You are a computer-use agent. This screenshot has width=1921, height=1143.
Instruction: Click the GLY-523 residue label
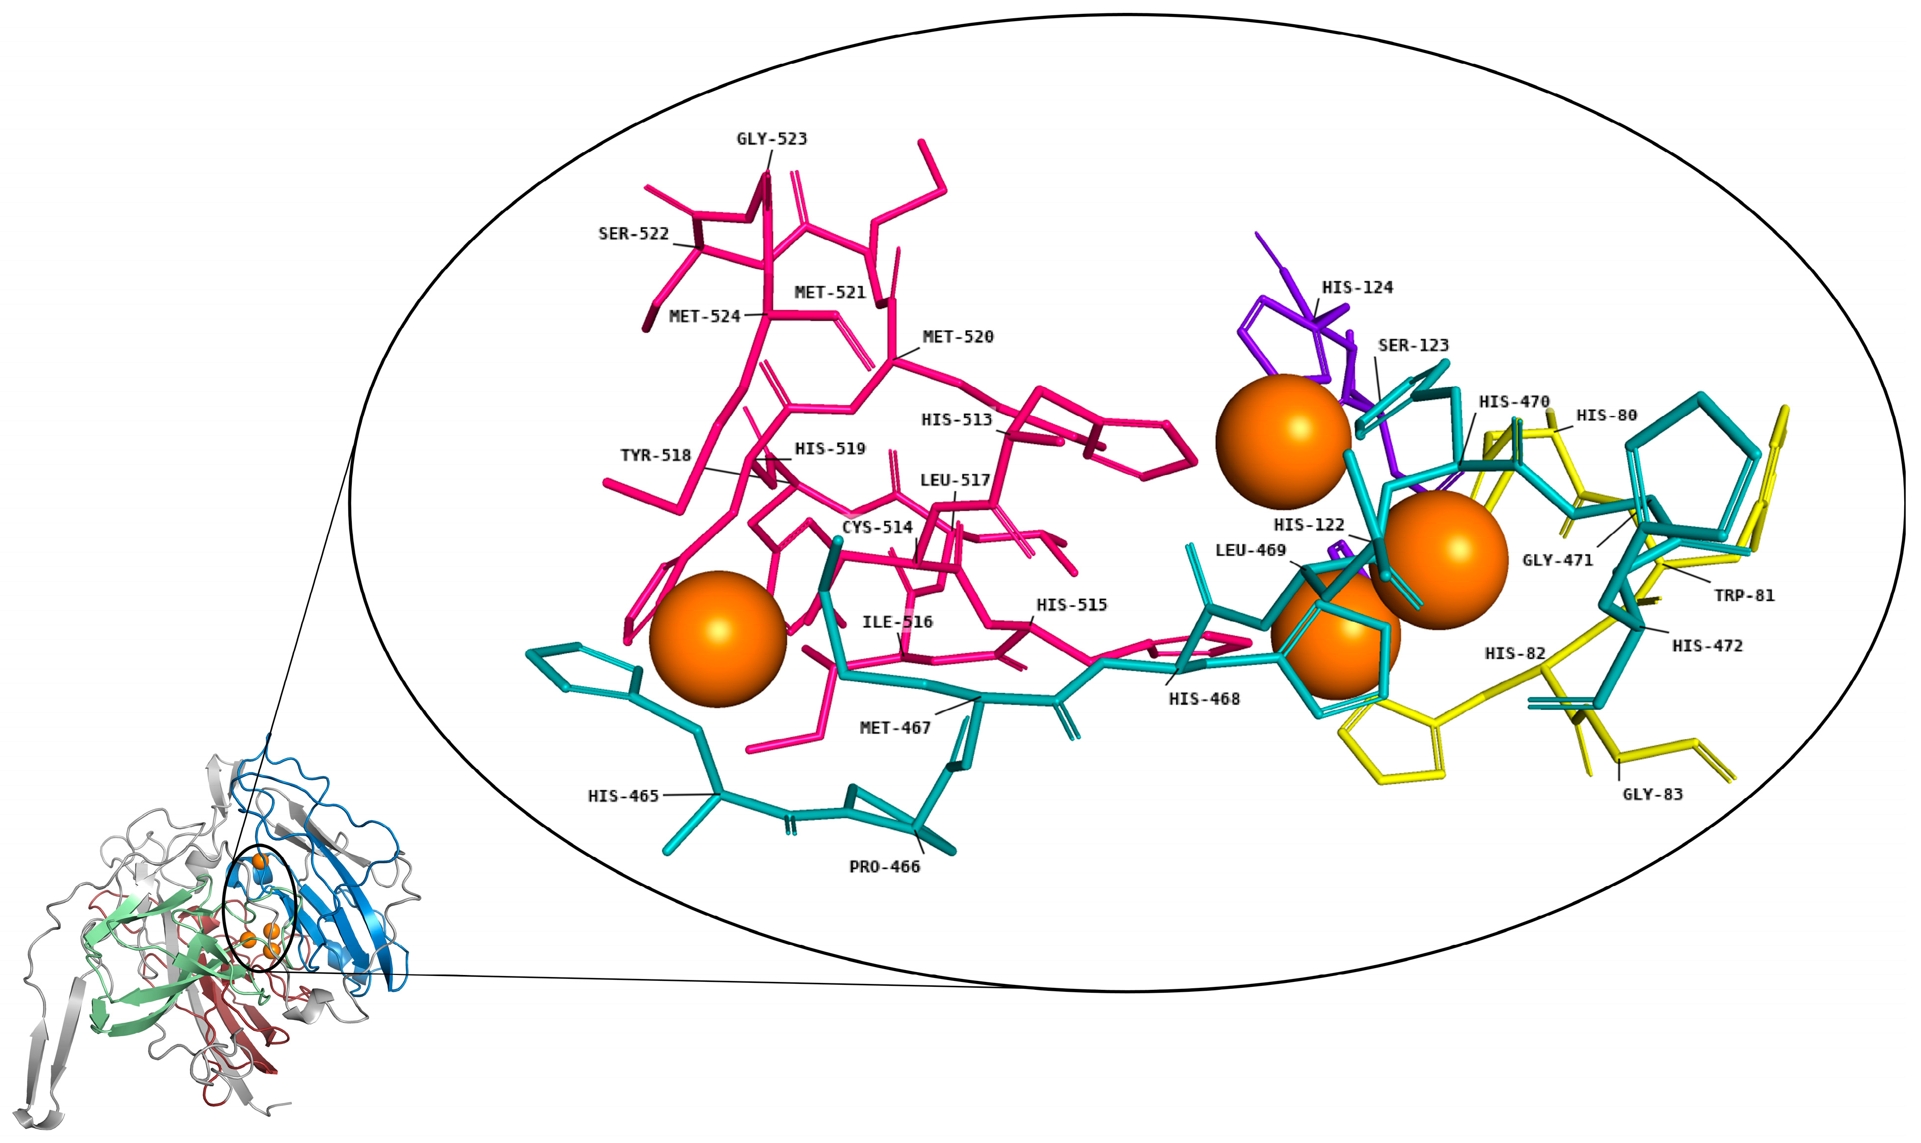point(771,139)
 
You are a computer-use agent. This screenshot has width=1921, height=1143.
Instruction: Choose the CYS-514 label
point(877,528)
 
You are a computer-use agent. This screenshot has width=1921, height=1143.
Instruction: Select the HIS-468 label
point(1204,699)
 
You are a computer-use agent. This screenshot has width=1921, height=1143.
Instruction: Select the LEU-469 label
point(1251,550)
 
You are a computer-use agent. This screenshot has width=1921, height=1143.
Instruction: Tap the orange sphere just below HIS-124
point(1283,441)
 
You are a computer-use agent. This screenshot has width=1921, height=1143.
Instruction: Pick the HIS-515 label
point(1071,605)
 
